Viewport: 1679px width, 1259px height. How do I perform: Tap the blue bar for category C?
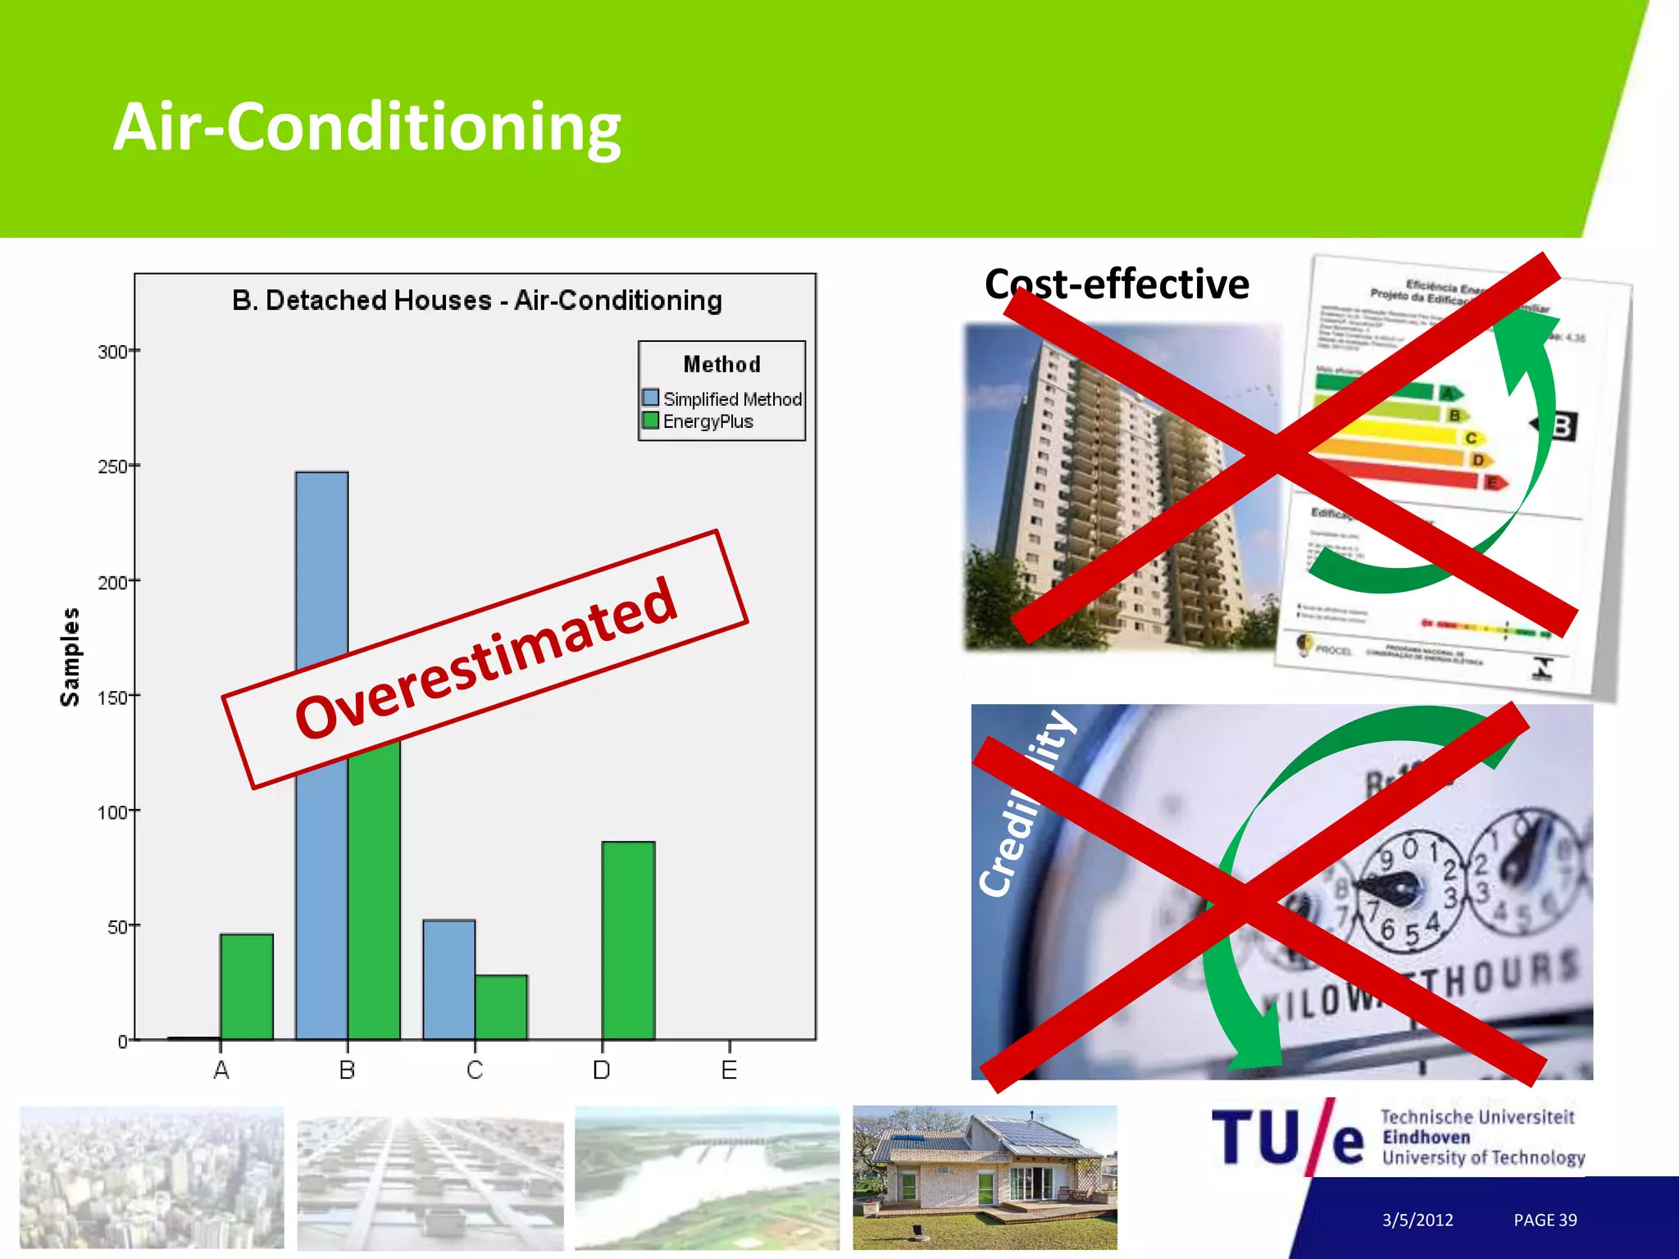pos(448,979)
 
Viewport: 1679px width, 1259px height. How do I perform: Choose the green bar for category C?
pos(501,1007)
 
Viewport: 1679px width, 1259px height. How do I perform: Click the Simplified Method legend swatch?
pos(651,398)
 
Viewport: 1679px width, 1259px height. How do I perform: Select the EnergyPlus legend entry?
pos(707,421)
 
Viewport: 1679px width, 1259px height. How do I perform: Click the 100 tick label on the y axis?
pos(112,812)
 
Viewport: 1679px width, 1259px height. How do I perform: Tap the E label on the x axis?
pos(729,1070)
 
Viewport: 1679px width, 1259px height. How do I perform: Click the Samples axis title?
pos(70,657)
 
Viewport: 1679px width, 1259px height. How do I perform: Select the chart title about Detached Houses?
pos(476,300)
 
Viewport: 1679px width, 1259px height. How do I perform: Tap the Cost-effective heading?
pos(1117,284)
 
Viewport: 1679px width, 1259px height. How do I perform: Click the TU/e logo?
pos(1287,1137)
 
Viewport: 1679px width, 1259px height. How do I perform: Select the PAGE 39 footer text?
pos(1545,1220)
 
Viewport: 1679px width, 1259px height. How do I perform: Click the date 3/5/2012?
pos(1417,1220)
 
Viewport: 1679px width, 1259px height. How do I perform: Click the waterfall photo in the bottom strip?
pos(707,1177)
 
